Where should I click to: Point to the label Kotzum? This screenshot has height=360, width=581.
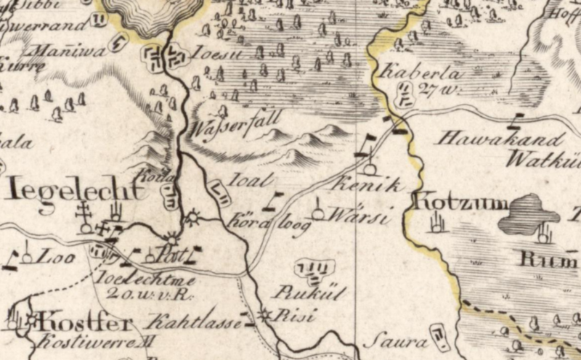coord(460,202)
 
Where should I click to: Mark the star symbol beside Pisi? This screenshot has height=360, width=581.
coord(265,315)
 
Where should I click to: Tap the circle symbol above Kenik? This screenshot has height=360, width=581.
coord(370,169)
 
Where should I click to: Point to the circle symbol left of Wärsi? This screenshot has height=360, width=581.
coord(317,214)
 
